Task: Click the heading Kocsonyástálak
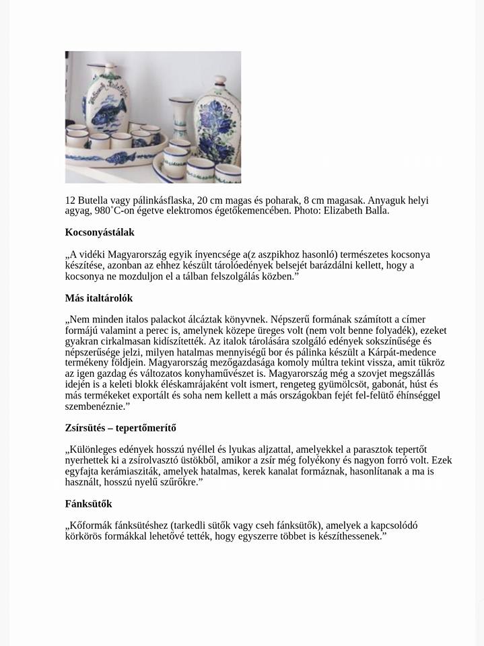[100, 232]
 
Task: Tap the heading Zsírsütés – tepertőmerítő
[120, 428]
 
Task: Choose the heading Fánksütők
[89, 504]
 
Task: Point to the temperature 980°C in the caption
[106, 211]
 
